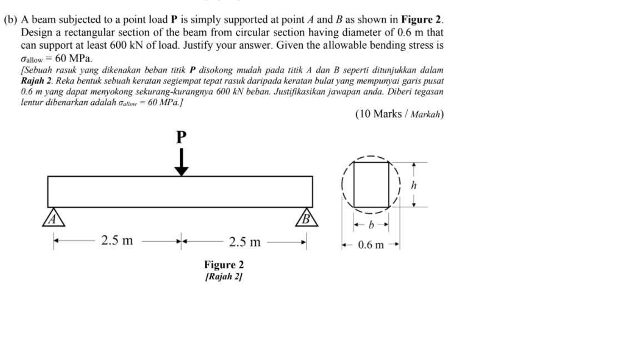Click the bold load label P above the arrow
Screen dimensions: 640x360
[x=181, y=137]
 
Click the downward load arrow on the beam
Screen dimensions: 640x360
[x=181, y=163]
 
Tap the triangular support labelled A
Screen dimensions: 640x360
[x=54, y=217]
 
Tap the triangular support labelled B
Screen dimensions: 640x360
[x=306, y=217]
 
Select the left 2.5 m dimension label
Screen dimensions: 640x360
[x=117, y=241]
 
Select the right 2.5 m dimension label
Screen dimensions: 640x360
[x=244, y=242]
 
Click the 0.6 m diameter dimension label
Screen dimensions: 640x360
[x=371, y=245]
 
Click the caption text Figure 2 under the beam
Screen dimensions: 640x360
[x=223, y=265]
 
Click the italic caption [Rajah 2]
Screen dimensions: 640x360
[x=223, y=276]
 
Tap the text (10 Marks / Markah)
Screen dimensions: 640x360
[x=399, y=114]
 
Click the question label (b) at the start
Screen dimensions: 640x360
[x=11, y=19]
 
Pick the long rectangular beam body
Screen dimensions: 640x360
[x=180, y=191]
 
